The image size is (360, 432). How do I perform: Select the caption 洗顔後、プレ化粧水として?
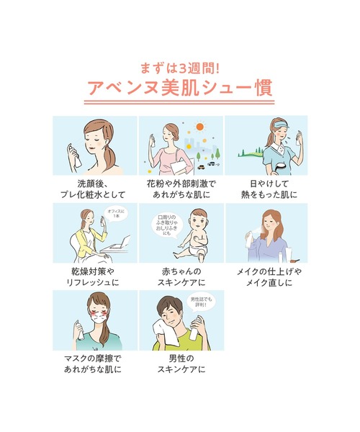(x=94, y=189)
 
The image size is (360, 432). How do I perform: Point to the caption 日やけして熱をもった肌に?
(x=266, y=189)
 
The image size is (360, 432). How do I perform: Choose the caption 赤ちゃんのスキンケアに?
(x=180, y=277)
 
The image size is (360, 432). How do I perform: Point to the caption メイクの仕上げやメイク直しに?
(x=266, y=277)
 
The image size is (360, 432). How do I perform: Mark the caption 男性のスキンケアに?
(x=180, y=364)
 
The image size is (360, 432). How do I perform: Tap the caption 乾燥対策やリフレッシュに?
(x=94, y=277)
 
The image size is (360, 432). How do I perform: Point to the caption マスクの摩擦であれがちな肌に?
(x=94, y=364)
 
